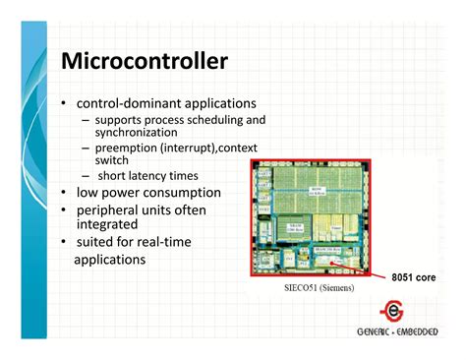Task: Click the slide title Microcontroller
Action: (x=145, y=62)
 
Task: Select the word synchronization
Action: (x=141, y=132)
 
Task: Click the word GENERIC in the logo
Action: (x=377, y=331)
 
